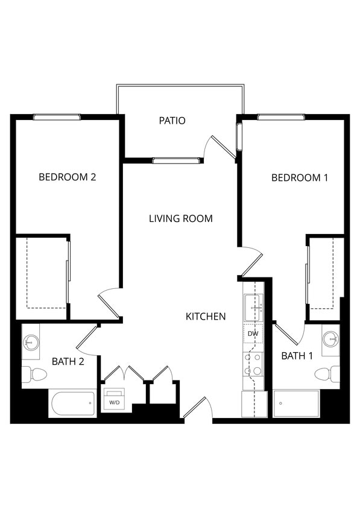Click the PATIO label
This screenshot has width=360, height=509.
(x=172, y=121)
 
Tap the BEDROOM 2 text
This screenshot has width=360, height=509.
(x=68, y=177)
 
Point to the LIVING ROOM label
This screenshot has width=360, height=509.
(x=180, y=218)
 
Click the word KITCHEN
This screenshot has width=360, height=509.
(x=206, y=316)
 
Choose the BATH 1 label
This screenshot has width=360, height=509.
(x=297, y=356)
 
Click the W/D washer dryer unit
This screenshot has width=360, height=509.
(x=114, y=400)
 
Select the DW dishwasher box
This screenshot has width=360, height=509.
(x=253, y=333)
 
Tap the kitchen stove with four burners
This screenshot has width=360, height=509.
(x=253, y=364)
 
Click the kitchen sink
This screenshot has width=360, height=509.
(x=253, y=308)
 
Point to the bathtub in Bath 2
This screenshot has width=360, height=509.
(x=72, y=403)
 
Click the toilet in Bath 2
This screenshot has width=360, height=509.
(x=35, y=375)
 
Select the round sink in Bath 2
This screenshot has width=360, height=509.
(x=31, y=342)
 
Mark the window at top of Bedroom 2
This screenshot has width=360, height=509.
(x=57, y=117)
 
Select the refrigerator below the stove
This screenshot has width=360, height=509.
(x=253, y=403)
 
